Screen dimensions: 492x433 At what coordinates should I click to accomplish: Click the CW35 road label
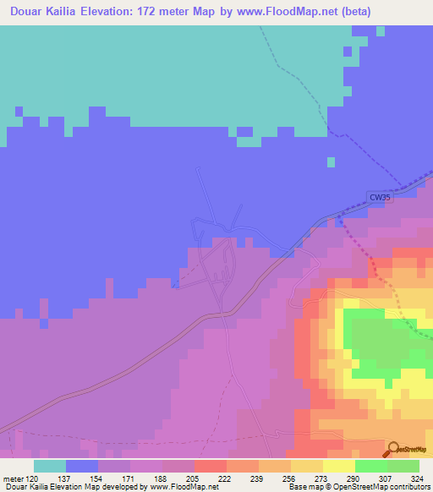[x=381, y=198]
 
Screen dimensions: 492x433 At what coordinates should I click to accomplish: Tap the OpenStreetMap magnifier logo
[x=394, y=448]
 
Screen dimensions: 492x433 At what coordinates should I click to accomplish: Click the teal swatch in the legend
[x=49, y=466]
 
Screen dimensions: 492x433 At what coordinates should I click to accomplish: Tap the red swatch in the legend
[x=210, y=466]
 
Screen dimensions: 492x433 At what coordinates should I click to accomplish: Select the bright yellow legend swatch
[x=338, y=466]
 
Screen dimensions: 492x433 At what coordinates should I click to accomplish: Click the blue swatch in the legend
[x=81, y=466]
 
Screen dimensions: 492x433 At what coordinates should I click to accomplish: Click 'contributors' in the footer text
[x=407, y=487]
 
